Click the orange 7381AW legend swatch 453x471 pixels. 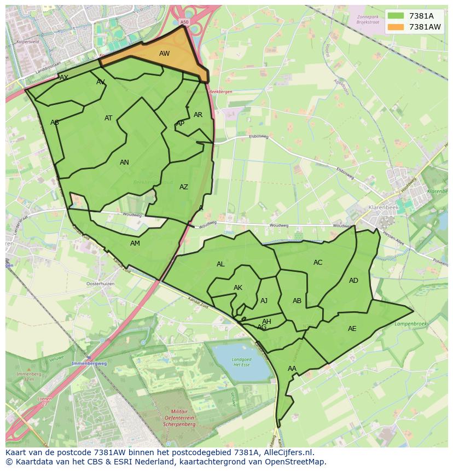click(397, 27)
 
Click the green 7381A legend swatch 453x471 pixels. click(397, 16)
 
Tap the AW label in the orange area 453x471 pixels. click(164, 54)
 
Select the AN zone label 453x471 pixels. click(124, 162)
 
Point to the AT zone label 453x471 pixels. click(108, 118)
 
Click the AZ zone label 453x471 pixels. click(184, 187)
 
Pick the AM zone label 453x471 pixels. click(135, 243)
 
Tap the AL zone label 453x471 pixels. click(220, 264)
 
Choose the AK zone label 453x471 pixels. click(238, 288)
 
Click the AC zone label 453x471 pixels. click(318, 263)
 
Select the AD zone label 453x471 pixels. click(353, 281)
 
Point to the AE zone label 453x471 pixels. click(352, 329)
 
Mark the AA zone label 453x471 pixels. click(292, 369)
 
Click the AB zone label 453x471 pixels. click(297, 301)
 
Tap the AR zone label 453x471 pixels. click(198, 115)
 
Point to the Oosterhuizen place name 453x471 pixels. click(100, 284)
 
